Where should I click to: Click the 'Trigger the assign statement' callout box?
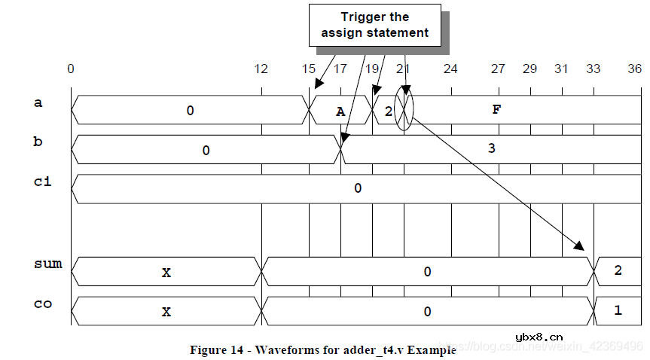click(x=374, y=25)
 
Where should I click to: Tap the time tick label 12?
click(x=261, y=69)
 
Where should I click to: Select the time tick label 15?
click(x=309, y=69)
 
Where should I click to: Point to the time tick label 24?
click(x=450, y=69)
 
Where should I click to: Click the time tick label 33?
click(x=594, y=69)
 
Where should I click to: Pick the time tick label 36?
click(x=635, y=69)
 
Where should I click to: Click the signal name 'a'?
click(x=38, y=103)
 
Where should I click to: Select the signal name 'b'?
click(x=38, y=141)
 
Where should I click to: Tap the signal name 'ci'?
click(x=42, y=181)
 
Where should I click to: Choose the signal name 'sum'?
click(x=47, y=264)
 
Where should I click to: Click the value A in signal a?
click(x=340, y=111)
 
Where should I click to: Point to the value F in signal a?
click(x=496, y=110)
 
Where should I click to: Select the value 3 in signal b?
click(x=491, y=148)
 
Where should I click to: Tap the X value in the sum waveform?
click(x=166, y=272)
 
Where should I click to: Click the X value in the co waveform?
click(x=166, y=310)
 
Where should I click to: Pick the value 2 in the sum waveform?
click(x=618, y=270)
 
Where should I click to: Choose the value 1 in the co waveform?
click(x=618, y=310)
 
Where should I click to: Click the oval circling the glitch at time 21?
click(x=404, y=110)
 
